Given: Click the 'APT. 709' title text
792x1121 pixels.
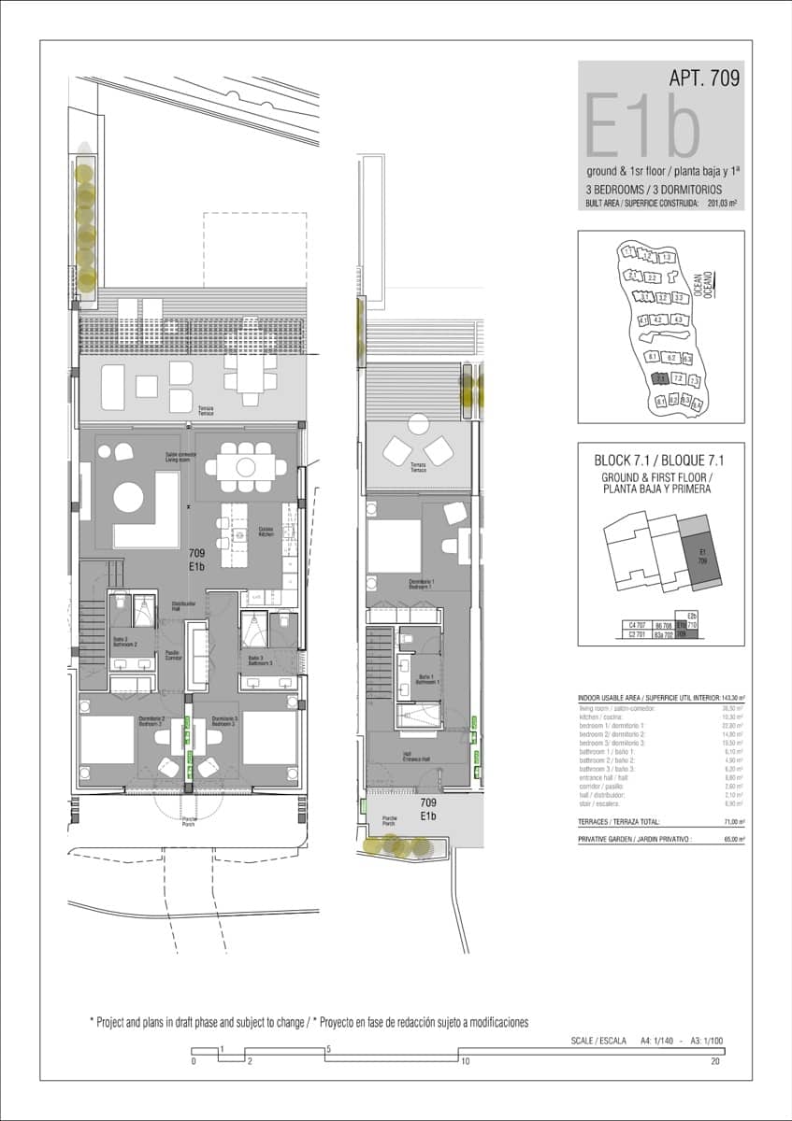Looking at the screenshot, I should pos(704,78).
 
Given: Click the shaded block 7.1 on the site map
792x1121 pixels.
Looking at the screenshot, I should pos(660,379).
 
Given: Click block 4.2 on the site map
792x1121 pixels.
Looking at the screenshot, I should pos(660,320).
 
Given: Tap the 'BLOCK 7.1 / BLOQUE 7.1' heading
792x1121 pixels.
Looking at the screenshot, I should pos(660,461).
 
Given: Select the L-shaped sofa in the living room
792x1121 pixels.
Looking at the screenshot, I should pos(150,523).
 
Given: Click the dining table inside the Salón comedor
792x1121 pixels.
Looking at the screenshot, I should pos(245,465).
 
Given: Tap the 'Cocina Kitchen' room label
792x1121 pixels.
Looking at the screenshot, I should pos(266,530).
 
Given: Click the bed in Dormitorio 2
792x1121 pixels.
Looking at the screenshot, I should pos(108,740).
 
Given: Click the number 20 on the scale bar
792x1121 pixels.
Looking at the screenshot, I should pos(715,1061).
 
